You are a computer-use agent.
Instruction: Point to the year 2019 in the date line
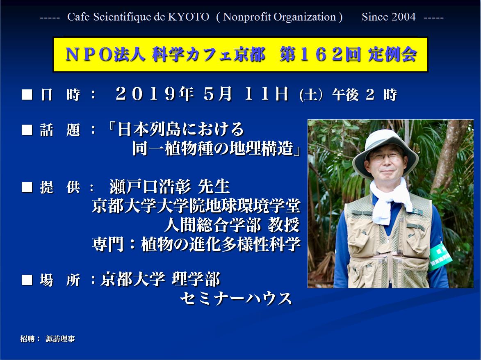pyautogui.click(x=146, y=94)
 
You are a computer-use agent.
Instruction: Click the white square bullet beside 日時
pyautogui.click(x=27, y=94)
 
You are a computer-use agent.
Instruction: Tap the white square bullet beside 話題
pyautogui.click(x=27, y=130)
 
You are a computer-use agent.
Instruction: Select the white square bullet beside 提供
pyautogui.click(x=27, y=187)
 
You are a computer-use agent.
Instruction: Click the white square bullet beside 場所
pyautogui.click(x=27, y=280)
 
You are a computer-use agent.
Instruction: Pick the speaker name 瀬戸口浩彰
pyautogui.click(x=150, y=187)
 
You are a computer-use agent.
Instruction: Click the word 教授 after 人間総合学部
pyautogui.click(x=284, y=225)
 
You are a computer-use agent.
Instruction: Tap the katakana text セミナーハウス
pyautogui.click(x=236, y=298)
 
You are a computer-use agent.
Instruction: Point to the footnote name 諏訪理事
pyautogui.click(x=60, y=339)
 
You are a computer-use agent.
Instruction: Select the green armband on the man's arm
pyautogui.click(x=440, y=256)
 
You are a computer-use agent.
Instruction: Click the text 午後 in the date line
pyautogui.click(x=346, y=95)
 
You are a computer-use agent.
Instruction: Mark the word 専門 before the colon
pyautogui.click(x=108, y=244)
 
